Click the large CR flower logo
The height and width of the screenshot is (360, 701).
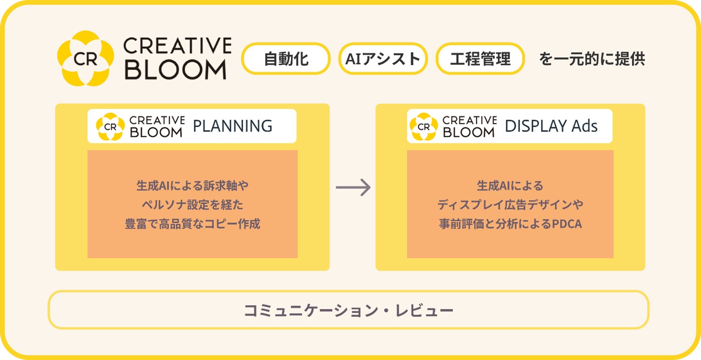[86, 58]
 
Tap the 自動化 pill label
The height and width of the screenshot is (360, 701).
[286, 59]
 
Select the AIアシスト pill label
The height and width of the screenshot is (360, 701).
[383, 59]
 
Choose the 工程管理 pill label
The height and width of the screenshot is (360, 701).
[480, 59]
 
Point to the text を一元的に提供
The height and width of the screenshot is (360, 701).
[592, 59]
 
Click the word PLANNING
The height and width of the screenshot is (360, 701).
[232, 126]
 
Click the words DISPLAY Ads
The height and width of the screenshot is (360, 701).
[551, 126]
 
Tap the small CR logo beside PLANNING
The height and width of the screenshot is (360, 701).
[110, 127]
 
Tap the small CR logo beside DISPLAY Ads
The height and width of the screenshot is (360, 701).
[423, 127]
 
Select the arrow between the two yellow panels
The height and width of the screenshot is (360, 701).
[353, 187]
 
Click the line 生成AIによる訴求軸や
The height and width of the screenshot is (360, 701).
[192, 186]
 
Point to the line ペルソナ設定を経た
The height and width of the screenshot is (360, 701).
[192, 205]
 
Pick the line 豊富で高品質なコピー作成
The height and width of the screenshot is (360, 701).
[192, 224]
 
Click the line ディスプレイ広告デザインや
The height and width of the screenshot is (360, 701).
[510, 205]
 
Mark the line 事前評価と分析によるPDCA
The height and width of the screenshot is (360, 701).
[510, 224]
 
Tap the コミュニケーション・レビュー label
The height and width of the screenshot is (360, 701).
[348, 310]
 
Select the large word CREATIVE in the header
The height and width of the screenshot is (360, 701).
[177, 46]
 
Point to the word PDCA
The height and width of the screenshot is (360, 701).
[567, 224]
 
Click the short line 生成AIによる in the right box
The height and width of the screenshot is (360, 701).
[510, 186]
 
